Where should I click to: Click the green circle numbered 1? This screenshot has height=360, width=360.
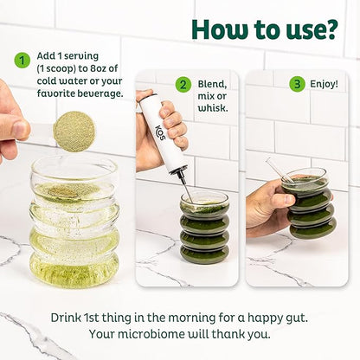(22, 61)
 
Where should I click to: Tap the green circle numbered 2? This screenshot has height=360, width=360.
(183, 85)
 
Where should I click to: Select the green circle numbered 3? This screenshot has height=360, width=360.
(297, 84)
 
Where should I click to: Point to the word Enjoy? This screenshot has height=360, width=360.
(324, 84)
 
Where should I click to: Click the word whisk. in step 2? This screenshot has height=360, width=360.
(213, 108)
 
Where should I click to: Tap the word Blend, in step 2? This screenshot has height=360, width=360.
(212, 84)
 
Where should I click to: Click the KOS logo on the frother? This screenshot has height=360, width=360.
(161, 132)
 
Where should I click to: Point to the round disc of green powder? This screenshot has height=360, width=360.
(74, 132)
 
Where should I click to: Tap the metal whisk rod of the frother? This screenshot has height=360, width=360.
(185, 187)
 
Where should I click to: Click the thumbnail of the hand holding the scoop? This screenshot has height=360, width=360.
(14, 123)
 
